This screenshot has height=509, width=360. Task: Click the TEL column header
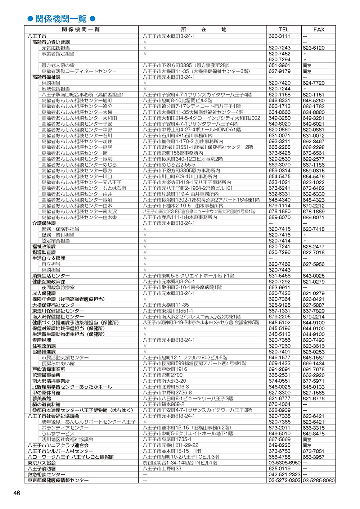point(284,30)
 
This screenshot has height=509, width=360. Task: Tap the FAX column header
point(319,30)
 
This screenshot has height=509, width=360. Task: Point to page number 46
point(17,493)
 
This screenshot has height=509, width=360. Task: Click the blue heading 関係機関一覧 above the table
point(61,19)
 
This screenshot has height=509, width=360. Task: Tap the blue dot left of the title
point(30,19)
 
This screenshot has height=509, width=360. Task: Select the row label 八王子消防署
point(42,469)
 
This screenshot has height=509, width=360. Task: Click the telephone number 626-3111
point(279,36)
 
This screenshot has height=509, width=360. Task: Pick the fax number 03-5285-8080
point(319,480)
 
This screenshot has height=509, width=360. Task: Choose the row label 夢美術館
point(42,398)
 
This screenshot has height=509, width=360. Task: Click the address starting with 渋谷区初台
point(180,463)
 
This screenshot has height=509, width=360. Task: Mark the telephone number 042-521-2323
point(284,474)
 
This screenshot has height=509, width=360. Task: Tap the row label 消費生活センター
point(51,276)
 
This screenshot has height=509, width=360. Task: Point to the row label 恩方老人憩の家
point(58,66)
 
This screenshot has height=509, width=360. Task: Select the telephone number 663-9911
point(279,288)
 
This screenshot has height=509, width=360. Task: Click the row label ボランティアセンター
point(65,428)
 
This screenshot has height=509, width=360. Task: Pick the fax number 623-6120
point(314,48)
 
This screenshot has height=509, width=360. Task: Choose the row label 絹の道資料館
point(46,404)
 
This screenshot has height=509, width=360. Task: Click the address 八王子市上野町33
point(162,469)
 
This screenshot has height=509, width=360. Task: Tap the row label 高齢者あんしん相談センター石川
point(77,136)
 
